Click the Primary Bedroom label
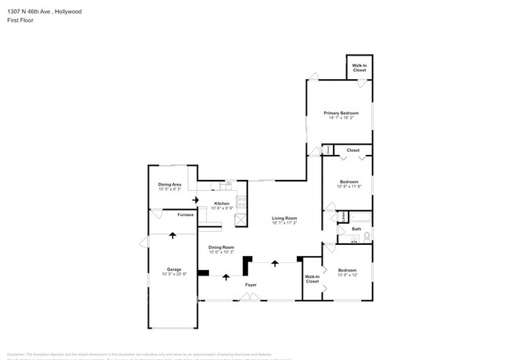point(340,113)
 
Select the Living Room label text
point(284,218)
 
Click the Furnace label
point(185,214)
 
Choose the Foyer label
point(251,285)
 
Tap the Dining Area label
point(170,184)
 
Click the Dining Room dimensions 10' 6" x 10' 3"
point(222,253)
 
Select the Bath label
point(356,229)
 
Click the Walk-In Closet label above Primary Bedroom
point(359,68)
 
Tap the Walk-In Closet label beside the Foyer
point(312,279)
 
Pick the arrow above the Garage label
point(172,234)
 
